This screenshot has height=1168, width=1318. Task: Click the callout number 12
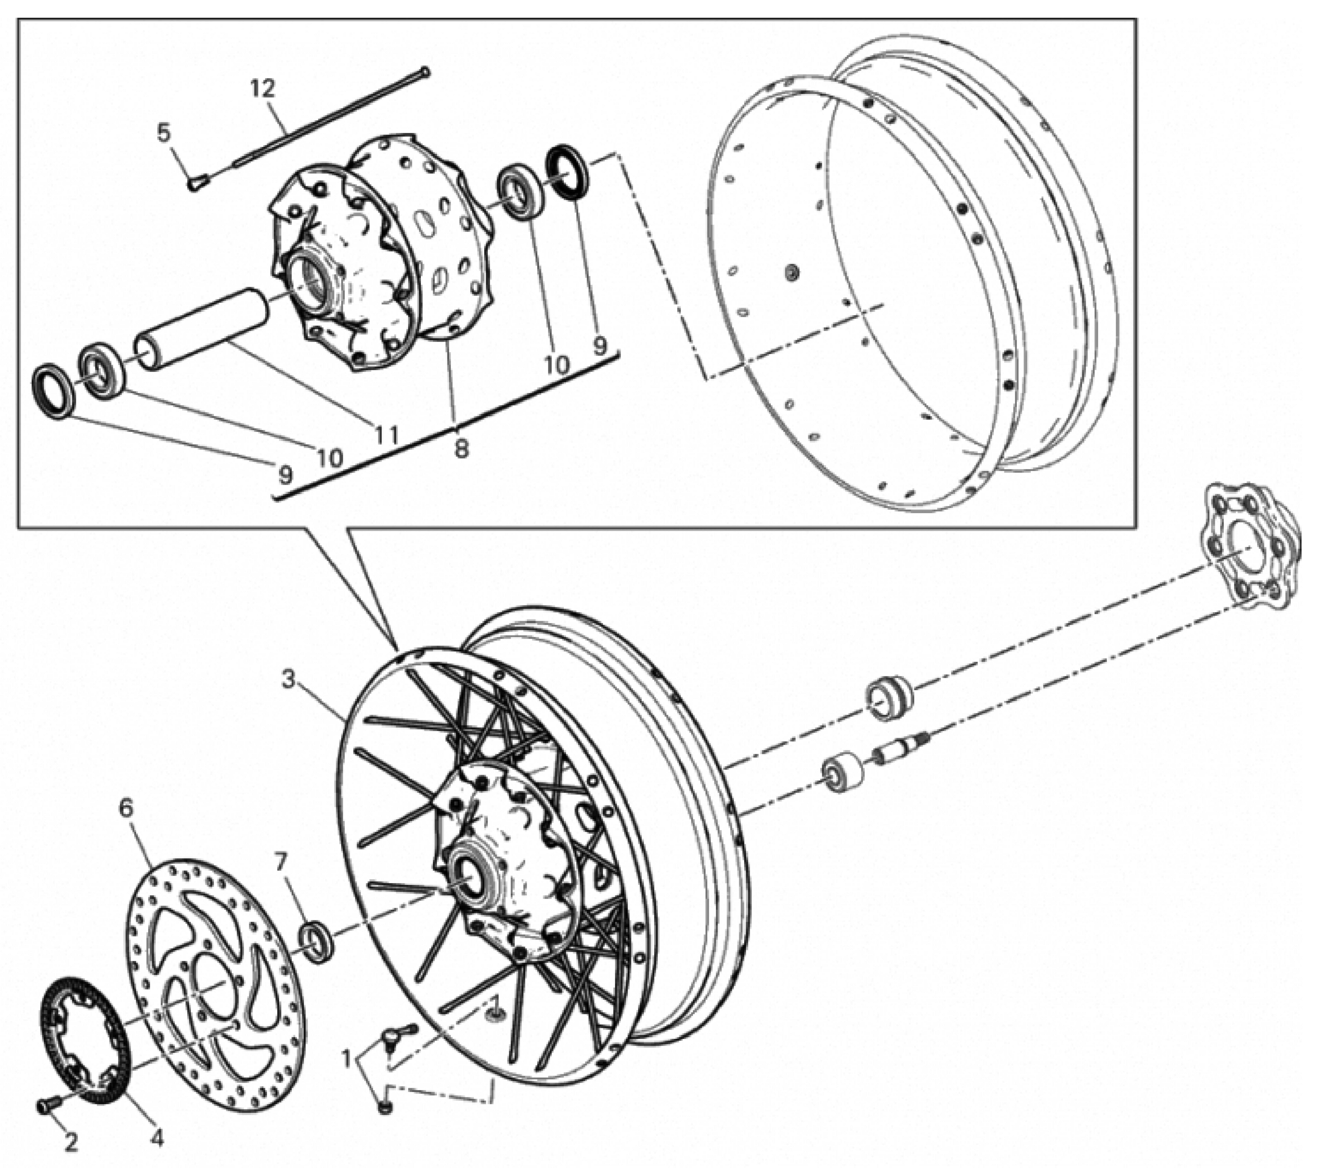263,88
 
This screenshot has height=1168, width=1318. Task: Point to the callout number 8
460,448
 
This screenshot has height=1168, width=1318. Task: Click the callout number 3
290,679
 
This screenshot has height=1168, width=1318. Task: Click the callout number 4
157,1137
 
